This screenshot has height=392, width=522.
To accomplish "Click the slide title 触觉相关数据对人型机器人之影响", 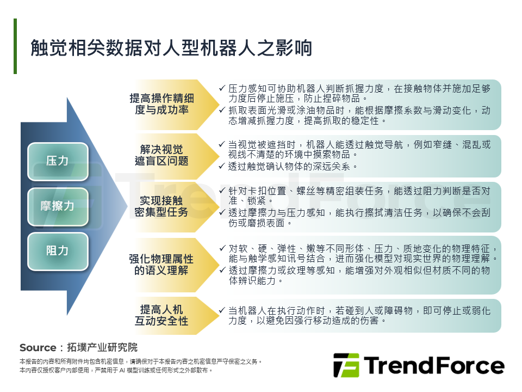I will click(171, 48).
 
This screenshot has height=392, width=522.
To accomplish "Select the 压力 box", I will click(58, 161).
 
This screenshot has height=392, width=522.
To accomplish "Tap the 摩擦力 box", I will click(58, 206).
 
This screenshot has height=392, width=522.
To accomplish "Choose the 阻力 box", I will click(58, 251).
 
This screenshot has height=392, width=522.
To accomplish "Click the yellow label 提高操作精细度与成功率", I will click(161, 104).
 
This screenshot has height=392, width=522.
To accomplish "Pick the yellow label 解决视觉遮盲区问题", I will click(161, 155).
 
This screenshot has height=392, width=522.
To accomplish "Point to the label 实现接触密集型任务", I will click(161, 206).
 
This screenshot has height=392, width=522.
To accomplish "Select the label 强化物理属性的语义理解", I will click(161, 264).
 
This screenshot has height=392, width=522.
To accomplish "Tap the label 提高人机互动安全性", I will click(161, 315).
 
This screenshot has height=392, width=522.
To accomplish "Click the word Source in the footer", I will click(38, 348).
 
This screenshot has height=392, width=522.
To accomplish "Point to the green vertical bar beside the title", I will click(15, 46).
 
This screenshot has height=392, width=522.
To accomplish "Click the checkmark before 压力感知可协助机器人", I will click(221, 88).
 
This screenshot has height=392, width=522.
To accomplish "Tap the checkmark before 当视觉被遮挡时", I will click(221, 144).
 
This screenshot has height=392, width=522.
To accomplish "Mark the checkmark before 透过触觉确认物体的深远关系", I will click(221, 166).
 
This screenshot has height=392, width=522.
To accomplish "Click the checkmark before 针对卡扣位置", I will click(221, 191).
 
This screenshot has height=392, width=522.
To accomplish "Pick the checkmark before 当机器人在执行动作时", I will click(221, 310).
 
